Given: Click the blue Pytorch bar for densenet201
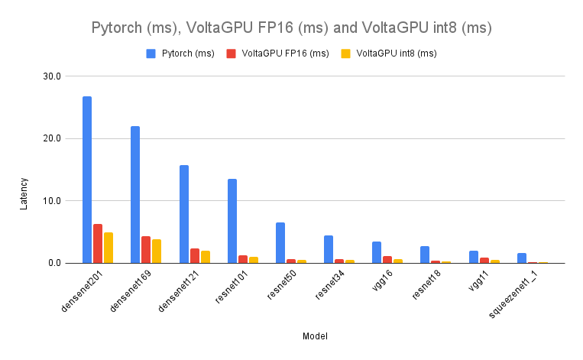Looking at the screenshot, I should click(x=87, y=180).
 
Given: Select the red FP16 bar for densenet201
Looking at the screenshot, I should click(x=98, y=244).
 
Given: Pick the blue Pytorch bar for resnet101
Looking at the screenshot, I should click(x=232, y=221).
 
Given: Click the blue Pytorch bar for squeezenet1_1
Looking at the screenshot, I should click(x=522, y=258).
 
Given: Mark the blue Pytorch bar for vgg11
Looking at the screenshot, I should click(x=474, y=257).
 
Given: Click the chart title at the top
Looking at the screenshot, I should click(x=291, y=29).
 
